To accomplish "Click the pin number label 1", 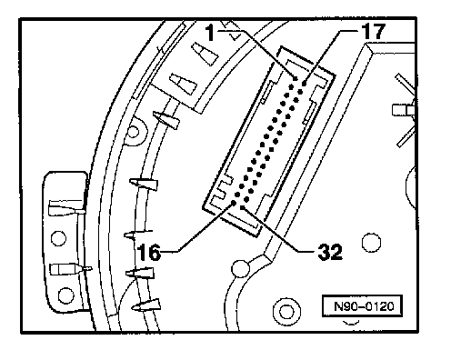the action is pyautogui.click(x=210, y=33).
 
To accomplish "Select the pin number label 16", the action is pyautogui.click(x=148, y=253).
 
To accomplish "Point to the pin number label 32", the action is pyautogui.click(x=330, y=252).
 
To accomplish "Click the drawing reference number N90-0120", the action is pyautogui.click(x=364, y=306).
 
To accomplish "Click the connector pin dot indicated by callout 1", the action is pyautogui.click(x=296, y=79).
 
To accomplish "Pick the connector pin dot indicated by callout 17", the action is pyautogui.click(x=304, y=83).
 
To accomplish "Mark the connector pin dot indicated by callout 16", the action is pyautogui.click(x=234, y=203).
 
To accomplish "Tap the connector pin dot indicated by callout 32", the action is pyautogui.click(x=243, y=207).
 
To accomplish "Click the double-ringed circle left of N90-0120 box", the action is pyautogui.click(x=286, y=312).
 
